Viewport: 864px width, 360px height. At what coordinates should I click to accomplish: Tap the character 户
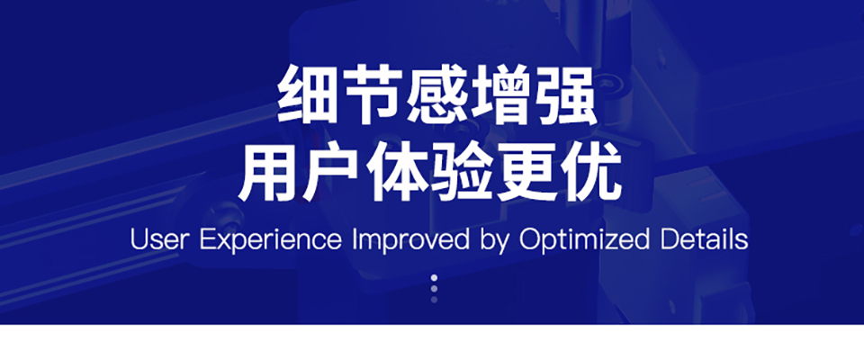332,173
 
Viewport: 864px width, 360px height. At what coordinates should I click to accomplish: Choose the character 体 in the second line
397,173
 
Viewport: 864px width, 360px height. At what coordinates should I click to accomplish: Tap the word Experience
271,241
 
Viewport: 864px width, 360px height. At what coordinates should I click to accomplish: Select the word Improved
409,241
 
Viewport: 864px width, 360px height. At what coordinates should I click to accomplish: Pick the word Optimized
585,241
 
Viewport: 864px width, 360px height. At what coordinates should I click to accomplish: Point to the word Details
704,239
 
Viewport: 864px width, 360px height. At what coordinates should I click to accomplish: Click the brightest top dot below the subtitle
434,277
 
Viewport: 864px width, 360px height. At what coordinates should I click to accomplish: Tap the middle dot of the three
434,288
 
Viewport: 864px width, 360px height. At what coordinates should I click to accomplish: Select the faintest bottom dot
434,300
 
